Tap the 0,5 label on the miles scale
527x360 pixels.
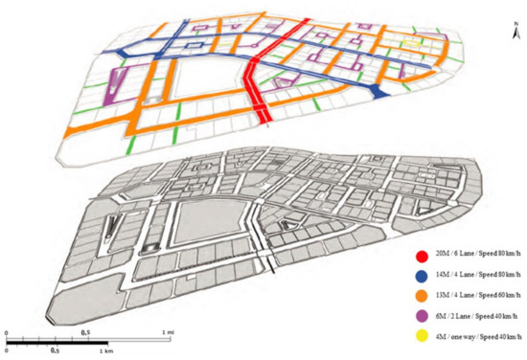(87, 331)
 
